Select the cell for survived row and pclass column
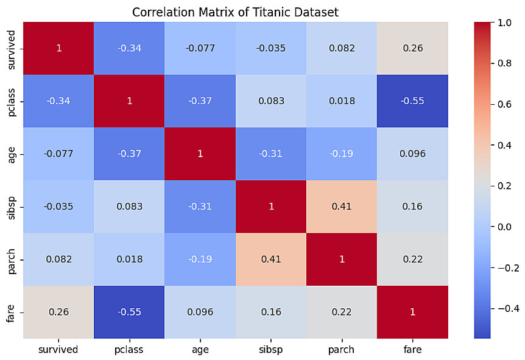point(129,48)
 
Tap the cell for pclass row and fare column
point(412,101)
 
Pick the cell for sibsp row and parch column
point(342,206)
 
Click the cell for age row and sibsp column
point(271,154)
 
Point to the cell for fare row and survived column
point(58,311)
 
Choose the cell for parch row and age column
point(200,259)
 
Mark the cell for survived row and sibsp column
point(271,48)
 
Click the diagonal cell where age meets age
point(200,154)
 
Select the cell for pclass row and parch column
point(342,101)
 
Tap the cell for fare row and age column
point(200,311)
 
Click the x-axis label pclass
point(129,350)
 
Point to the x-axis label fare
point(412,350)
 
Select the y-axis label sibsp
point(12,206)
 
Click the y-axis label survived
point(12,48)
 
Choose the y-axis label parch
point(12,259)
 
